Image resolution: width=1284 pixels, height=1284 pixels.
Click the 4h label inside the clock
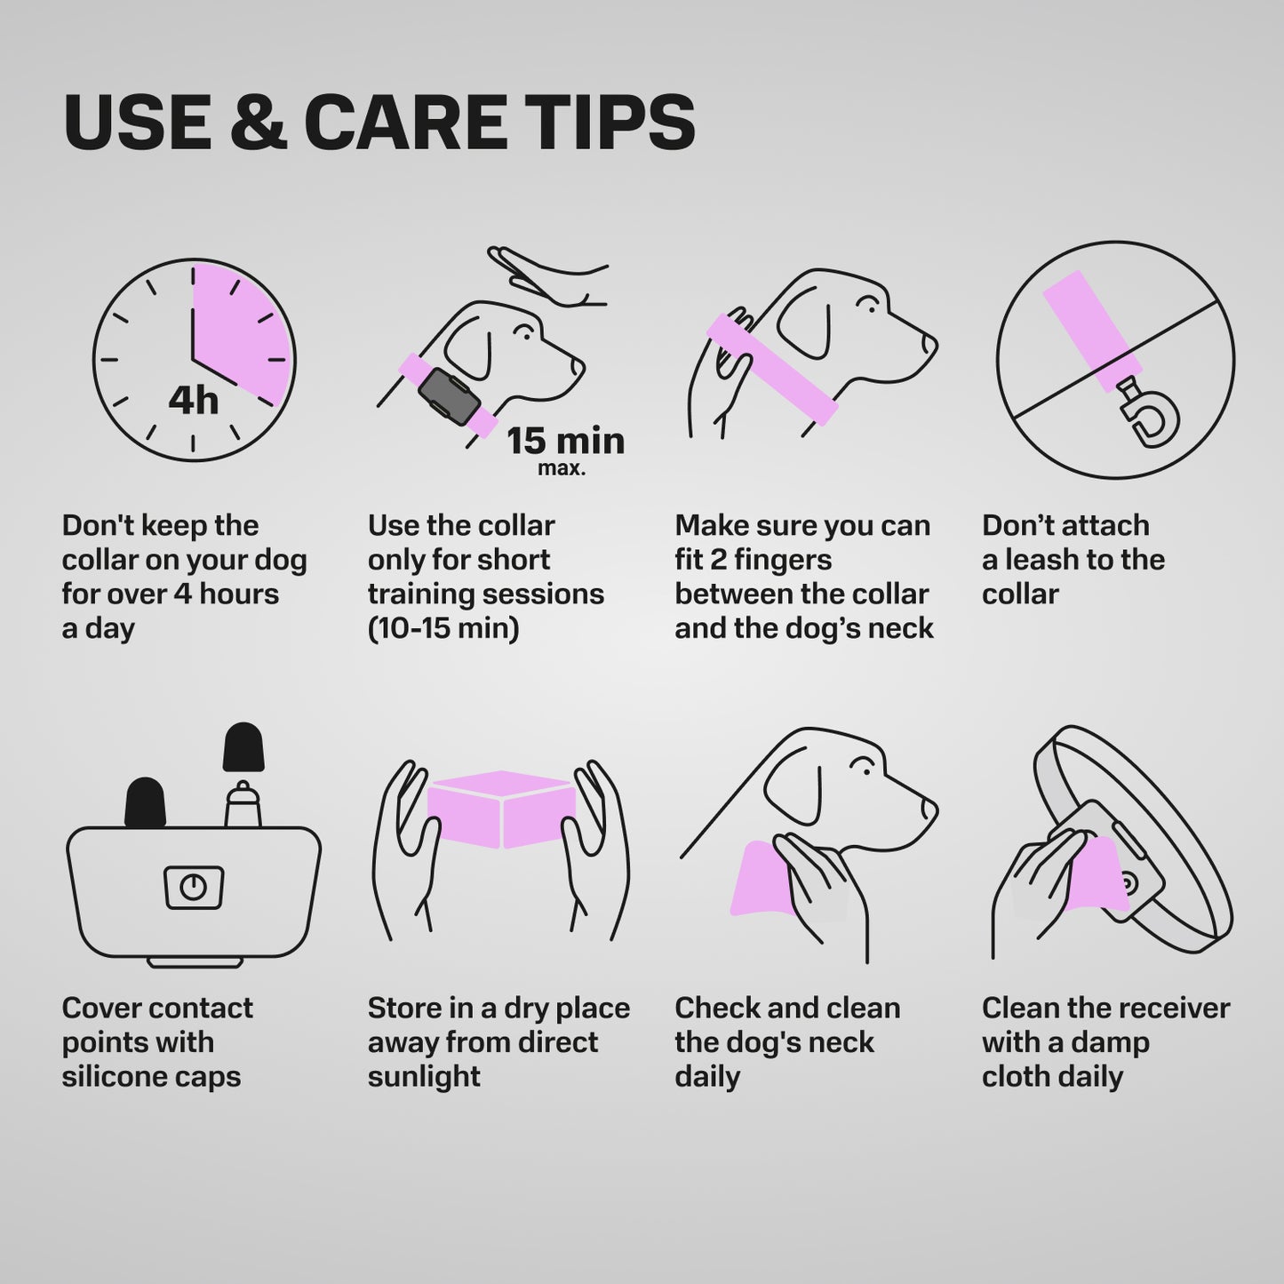tap(193, 401)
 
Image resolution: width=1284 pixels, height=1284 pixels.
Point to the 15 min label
tap(566, 441)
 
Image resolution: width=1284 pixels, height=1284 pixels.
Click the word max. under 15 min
tap(562, 468)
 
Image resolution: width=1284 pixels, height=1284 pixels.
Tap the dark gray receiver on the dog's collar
tap(449, 397)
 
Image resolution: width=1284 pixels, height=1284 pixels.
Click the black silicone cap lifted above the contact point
tap(243, 747)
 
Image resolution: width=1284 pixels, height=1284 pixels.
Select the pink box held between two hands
tap(501, 809)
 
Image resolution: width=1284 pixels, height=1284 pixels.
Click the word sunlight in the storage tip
tap(424, 1076)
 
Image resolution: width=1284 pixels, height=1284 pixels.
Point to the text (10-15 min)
tap(443, 628)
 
